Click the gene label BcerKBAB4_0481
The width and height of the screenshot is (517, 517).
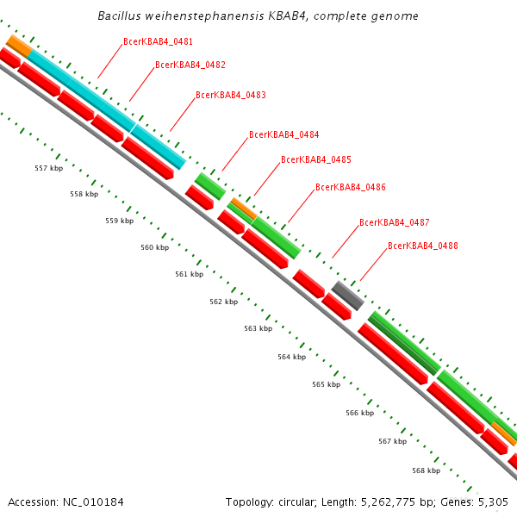[x=158, y=41]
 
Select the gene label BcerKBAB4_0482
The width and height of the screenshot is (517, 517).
[x=190, y=65]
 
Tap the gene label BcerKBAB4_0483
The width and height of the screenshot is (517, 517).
[x=230, y=96]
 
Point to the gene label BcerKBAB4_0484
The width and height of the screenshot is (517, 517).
[x=283, y=135]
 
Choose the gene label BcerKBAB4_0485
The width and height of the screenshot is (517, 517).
[x=315, y=160]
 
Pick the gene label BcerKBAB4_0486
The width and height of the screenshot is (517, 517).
[x=350, y=187]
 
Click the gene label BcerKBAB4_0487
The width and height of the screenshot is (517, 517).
[x=394, y=223]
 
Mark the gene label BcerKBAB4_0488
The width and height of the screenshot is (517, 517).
[x=422, y=246]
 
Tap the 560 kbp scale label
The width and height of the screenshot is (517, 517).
[x=154, y=248]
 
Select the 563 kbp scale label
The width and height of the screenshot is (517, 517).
[x=258, y=329]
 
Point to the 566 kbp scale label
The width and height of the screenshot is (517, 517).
[x=359, y=414]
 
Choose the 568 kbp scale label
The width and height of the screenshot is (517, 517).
[x=426, y=471]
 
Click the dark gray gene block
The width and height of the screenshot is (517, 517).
[x=347, y=295]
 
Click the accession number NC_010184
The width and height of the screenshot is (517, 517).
[x=87, y=501]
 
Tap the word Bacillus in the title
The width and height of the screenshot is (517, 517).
[x=121, y=16]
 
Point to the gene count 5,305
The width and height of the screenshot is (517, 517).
[x=493, y=501]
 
